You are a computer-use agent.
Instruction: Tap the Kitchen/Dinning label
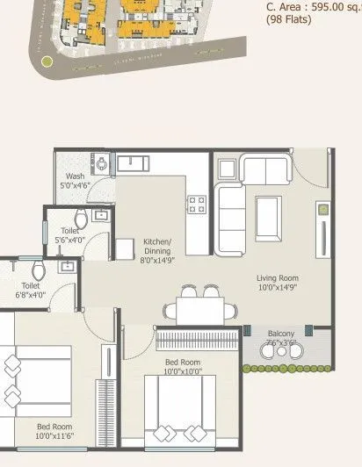point(158,247)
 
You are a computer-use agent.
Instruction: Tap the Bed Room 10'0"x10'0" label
point(183,367)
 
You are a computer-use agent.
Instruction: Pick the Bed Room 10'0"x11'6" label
point(54,430)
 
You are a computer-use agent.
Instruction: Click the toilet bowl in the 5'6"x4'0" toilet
point(81,219)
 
